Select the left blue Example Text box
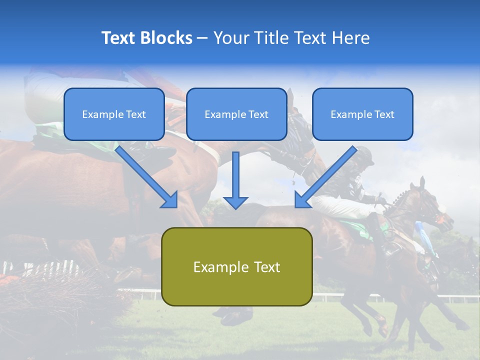click(x=114, y=114)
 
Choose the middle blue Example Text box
click(x=236, y=114)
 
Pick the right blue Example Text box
click(x=362, y=114)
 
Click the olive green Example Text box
click(x=236, y=266)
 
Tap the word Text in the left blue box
click(x=136, y=114)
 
